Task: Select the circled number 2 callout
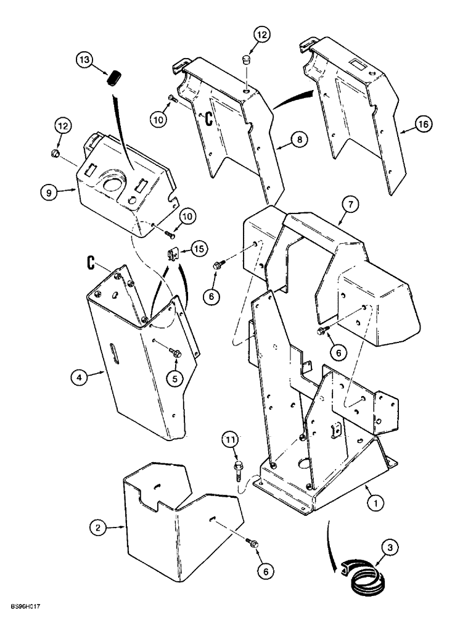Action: coord(97,528)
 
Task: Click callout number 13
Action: coord(84,60)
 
